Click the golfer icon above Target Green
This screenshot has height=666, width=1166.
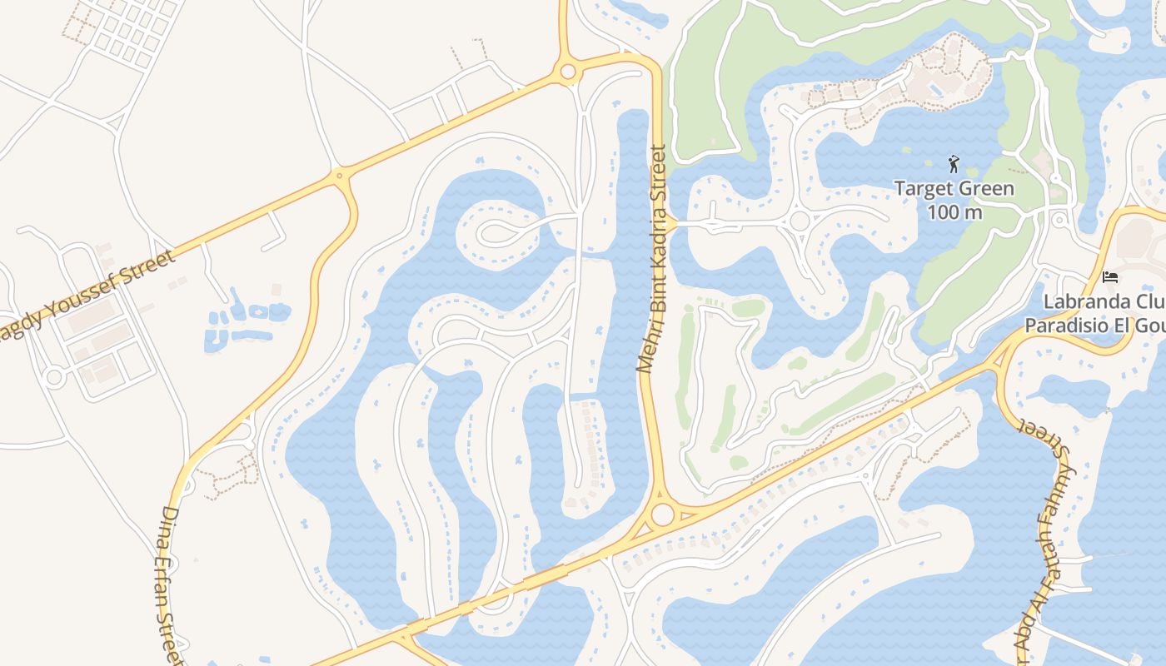click(954, 164)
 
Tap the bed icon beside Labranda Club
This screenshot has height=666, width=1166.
click(1109, 276)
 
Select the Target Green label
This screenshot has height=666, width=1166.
click(954, 189)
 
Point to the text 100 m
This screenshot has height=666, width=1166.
click(954, 212)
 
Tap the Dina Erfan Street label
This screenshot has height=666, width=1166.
click(170, 583)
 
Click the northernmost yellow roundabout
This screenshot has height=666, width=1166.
click(568, 72)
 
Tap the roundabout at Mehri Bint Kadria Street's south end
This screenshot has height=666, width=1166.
click(662, 514)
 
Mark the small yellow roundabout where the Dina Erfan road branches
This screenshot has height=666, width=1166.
click(339, 176)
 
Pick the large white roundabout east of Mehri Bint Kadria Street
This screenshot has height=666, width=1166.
click(800, 221)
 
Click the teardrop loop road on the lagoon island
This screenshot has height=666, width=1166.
click(500, 234)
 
